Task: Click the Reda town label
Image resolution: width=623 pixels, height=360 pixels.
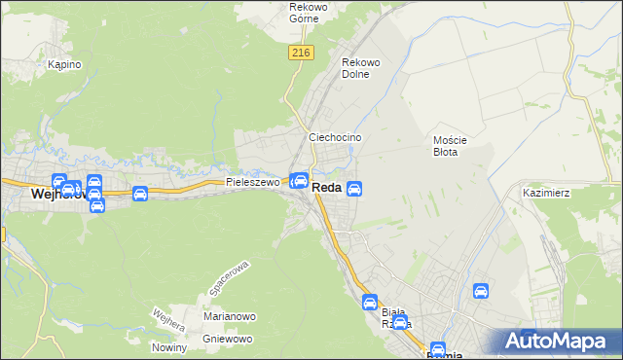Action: point(326,188)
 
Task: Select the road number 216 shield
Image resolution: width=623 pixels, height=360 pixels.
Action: point(300,54)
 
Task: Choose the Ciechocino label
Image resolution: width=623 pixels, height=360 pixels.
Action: point(335,138)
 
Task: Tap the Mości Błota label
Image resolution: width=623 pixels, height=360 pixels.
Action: point(451,146)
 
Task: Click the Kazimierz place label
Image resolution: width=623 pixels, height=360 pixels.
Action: point(545,193)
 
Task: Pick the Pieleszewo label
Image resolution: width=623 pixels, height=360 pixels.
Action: point(253,182)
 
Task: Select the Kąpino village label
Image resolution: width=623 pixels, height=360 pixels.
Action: point(64,65)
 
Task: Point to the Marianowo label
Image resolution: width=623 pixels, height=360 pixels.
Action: point(230,316)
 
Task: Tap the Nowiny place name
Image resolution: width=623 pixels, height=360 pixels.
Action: point(169,347)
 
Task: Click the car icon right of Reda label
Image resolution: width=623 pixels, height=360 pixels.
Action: point(355,188)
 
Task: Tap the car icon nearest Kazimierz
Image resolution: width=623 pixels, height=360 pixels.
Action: point(480,291)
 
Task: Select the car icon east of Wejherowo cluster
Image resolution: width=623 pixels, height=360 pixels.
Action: point(139,194)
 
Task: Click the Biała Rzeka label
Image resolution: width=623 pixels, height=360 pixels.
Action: point(396,317)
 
